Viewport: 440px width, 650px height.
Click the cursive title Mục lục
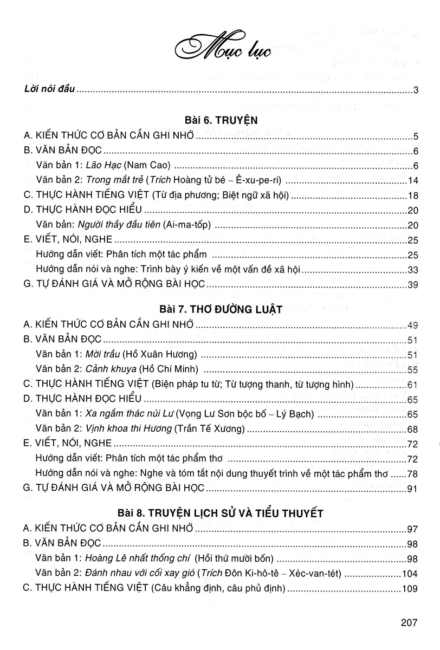click(220, 51)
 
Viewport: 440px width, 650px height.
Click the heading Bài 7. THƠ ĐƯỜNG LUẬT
click(219, 309)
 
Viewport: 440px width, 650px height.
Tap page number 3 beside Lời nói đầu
click(414, 90)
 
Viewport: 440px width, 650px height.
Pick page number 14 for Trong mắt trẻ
click(411, 180)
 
